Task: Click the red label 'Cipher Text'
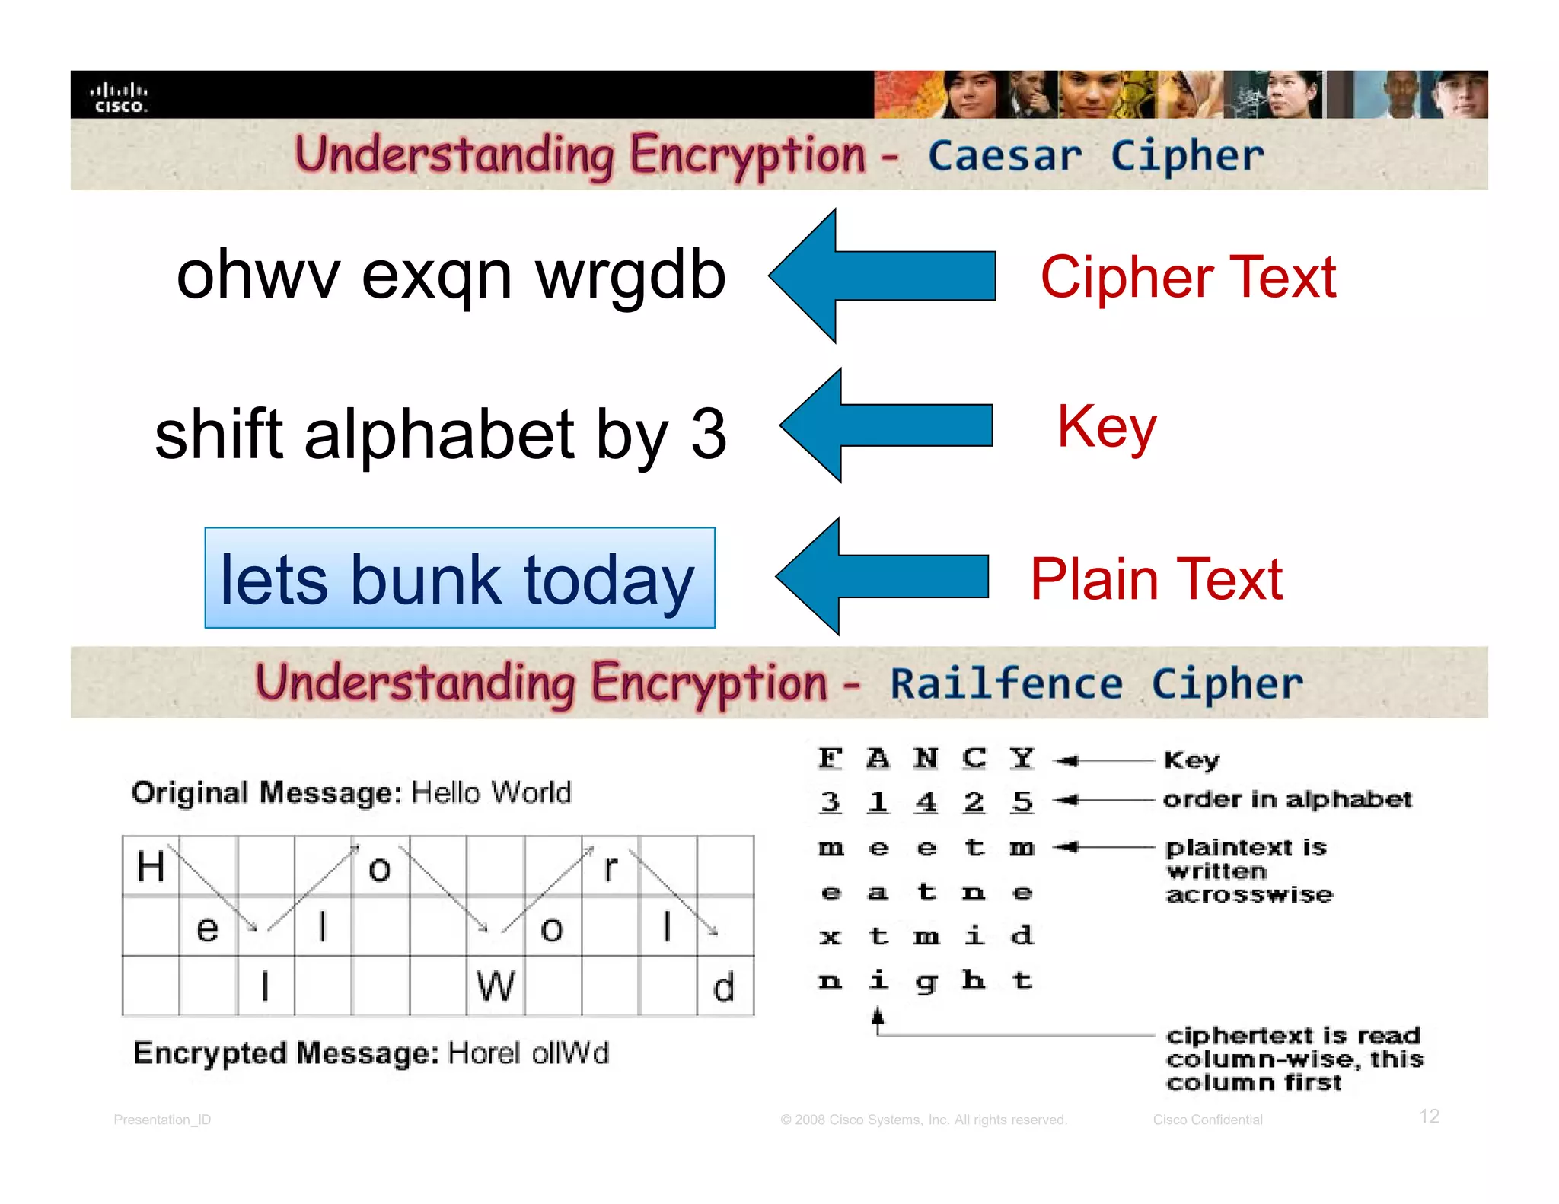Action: pyautogui.click(x=1188, y=277)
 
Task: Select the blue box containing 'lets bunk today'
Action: pyautogui.click(x=459, y=578)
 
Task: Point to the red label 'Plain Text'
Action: pyautogui.click(x=1156, y=580)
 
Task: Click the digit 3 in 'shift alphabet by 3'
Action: pyautogui.click(x=708, y=434)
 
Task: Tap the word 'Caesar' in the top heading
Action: pyautogui.click(x=1004, y=156)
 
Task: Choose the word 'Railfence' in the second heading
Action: pyautogui.click(x=1006, y=683)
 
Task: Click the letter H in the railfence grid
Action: pyautogui.click(x=151, y=866)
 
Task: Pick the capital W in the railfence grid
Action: pyautogui.click(x=496, y=987)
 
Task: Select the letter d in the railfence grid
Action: pyautogui.click(x=723, y=987)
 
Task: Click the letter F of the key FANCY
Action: pyautogui.click(x=830, y=758)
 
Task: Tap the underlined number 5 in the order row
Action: pyautogui.click(x=1022, y=801)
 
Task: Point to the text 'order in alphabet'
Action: pyautogui.click(x=1286, y=799)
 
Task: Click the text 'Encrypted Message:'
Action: pyautogui.click(x=285, y=1053)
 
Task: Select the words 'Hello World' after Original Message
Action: pyautogui.click(x=491, y=793)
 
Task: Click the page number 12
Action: pyautogui.click(x=1429, y=1116)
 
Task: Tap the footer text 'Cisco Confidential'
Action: pyautogui.click(x=1207, y=1120)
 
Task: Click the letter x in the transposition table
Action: pyautogui.click(x=830, y=937)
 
